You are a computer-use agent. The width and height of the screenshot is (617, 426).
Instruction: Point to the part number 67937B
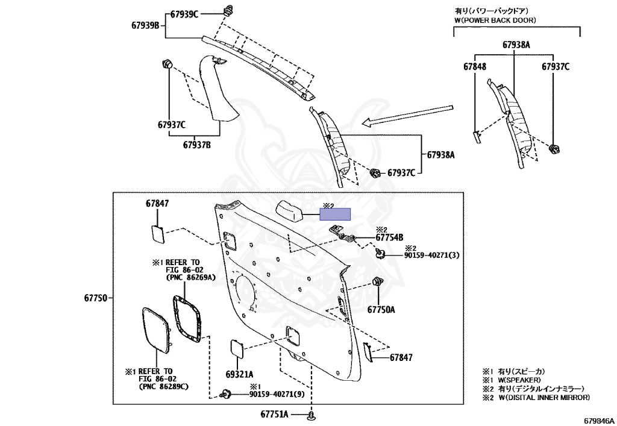196,145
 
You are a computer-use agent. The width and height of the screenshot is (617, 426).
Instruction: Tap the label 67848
475,66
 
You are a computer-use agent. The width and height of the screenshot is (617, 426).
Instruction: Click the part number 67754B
389,237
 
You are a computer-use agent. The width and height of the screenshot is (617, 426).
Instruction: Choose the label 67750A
381,310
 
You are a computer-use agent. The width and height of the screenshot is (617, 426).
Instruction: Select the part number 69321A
240,374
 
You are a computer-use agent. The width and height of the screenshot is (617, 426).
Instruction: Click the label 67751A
275,415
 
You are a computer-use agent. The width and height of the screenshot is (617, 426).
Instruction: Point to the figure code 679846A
598,420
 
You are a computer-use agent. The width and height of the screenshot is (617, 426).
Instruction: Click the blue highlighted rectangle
334,213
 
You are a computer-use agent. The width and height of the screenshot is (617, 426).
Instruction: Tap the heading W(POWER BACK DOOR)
495,20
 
